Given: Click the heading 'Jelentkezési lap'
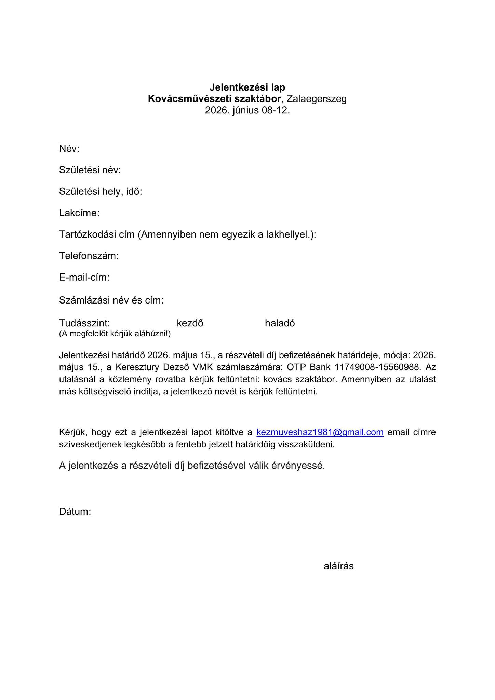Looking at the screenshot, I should coord(247,87).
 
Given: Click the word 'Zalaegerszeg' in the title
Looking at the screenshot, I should coord(317,99).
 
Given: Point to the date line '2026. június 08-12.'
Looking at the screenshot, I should coord(247,110).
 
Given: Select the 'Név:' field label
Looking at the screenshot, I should coord(69,149).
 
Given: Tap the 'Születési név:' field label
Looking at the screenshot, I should coord(90,170).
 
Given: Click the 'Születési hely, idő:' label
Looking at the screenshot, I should coord(101,191).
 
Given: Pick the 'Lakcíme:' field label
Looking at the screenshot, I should coord(79,213).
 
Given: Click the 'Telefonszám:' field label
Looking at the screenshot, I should coord(89,256).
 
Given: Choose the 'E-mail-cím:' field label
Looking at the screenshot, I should coord(84,277).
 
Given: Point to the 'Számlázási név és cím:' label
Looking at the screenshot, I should coord(111,300).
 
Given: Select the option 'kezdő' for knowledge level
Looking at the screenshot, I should coord(190,323).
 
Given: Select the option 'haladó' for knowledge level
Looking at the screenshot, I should coord(280,323).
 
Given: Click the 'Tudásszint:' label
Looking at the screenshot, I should coord(84,323).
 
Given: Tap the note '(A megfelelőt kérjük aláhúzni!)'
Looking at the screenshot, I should coord(115,334).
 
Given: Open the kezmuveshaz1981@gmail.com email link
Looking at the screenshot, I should coord(320,432).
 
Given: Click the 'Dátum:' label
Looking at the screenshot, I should coord(75,512).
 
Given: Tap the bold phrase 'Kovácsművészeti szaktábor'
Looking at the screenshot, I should coord(214,99).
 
